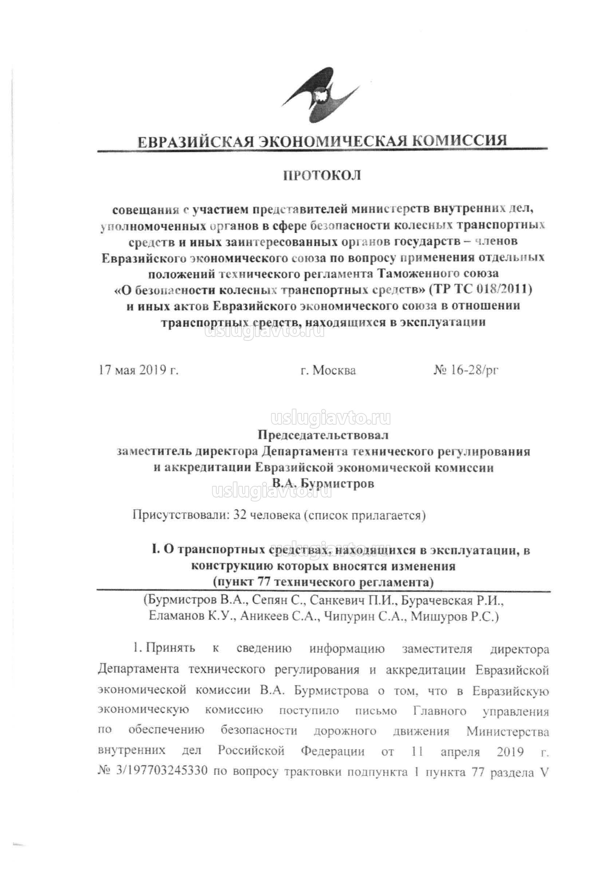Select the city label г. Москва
pos(328,370)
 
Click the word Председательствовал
pos(323,435)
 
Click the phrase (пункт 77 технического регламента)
pos(323,582)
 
